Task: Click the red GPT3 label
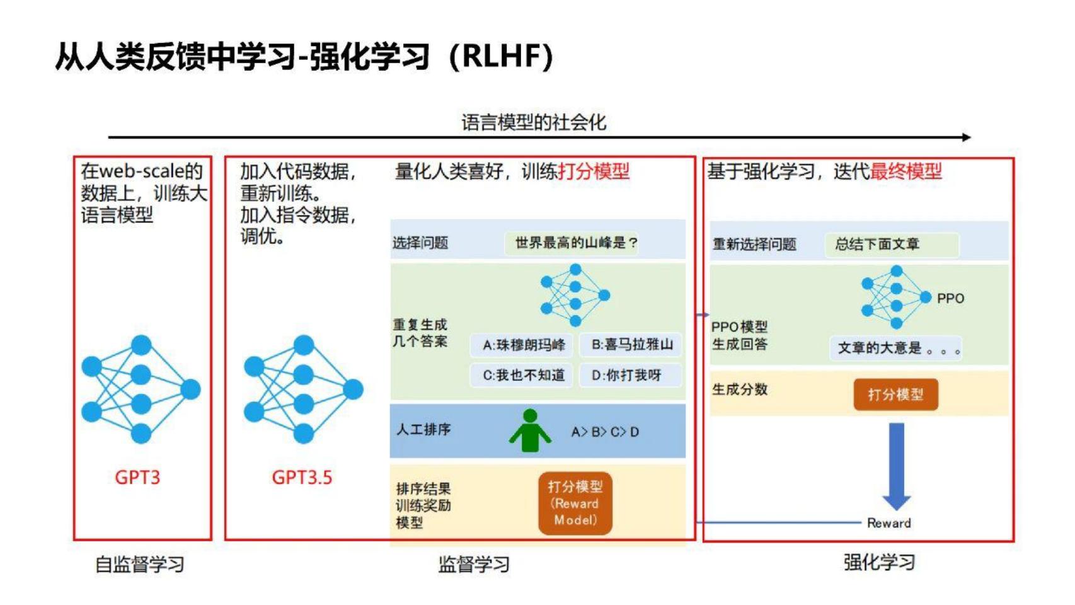137,477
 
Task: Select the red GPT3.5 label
302,477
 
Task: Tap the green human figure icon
530,430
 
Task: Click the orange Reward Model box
575,503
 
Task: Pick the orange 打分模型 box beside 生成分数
895,395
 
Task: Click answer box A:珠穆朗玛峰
522,345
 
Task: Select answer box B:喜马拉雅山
631,344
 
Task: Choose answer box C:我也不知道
522,375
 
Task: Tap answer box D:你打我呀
631,375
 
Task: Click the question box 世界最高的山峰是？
572,243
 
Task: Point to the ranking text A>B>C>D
605,432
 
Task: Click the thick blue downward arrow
897,466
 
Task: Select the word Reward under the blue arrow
888,523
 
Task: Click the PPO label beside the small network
950,299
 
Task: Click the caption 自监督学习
140,564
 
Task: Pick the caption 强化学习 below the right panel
880,562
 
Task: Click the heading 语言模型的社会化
534,122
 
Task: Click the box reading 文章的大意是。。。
895,348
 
